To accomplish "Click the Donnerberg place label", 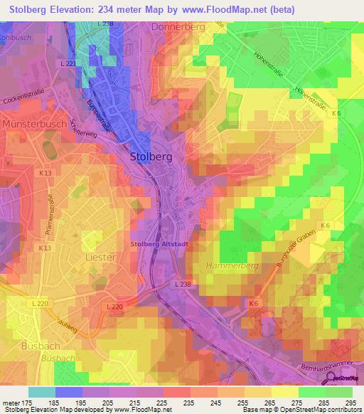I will (178, 26).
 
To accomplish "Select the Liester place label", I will (100, 256).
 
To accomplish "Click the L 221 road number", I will (68, 64).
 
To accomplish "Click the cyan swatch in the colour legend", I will (41, 391).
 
